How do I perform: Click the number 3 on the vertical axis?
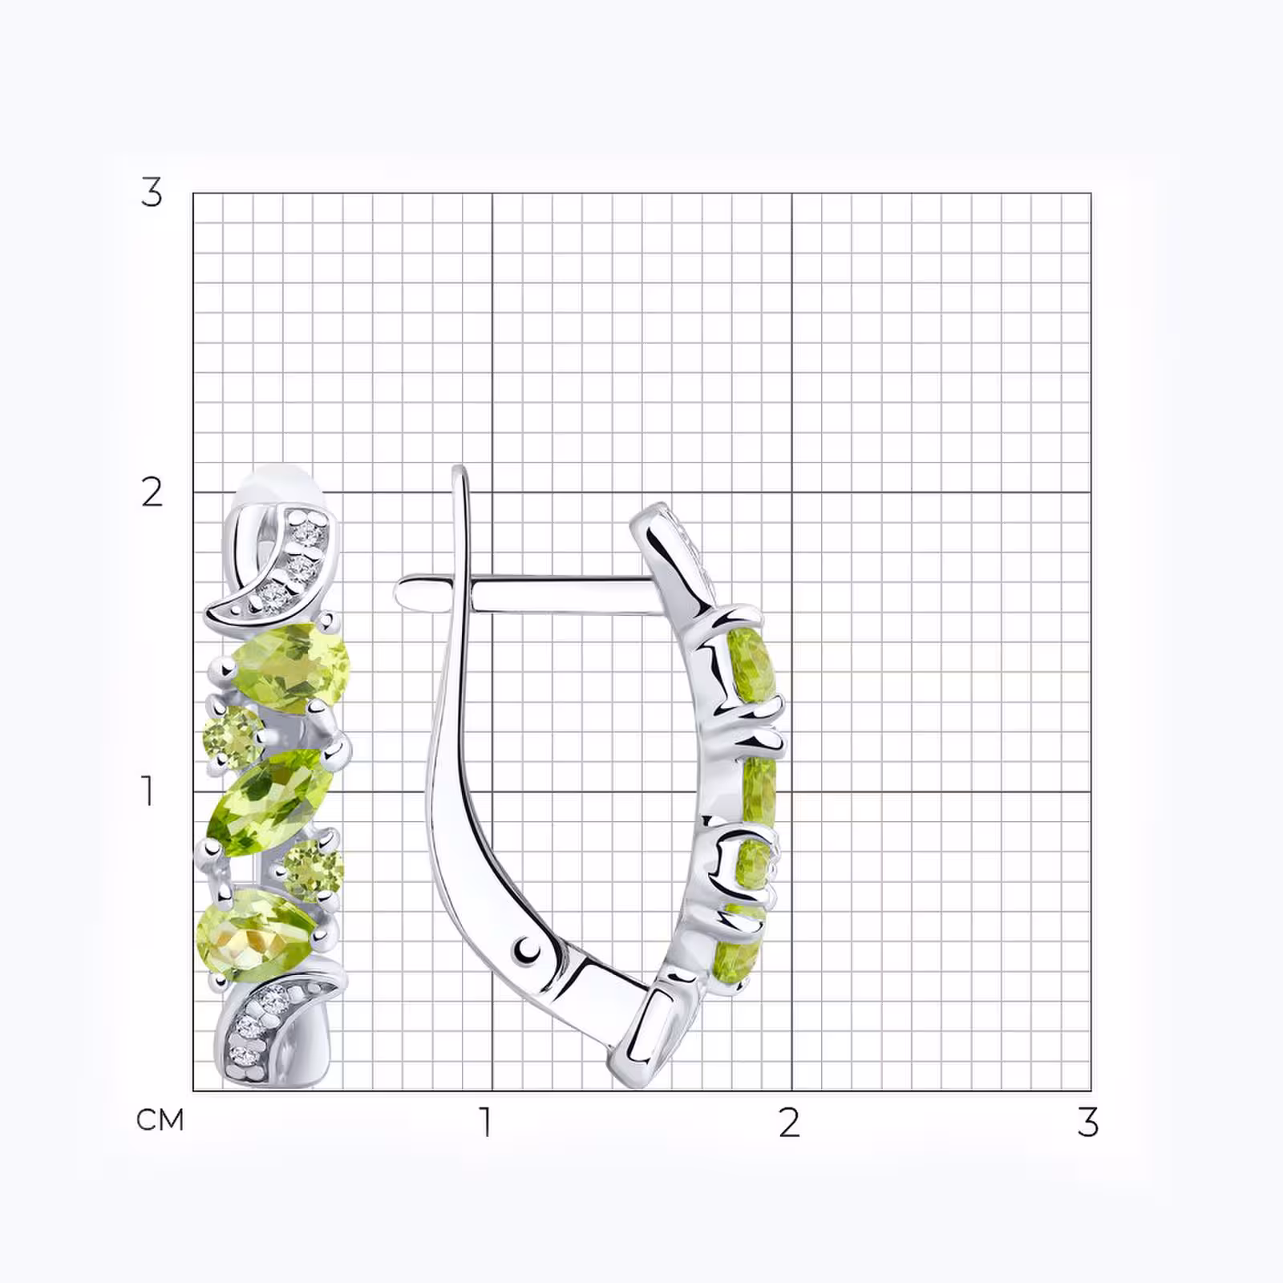pos(152,192)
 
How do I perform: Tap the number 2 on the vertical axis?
pos(152,492)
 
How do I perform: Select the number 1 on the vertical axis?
pos(148,791)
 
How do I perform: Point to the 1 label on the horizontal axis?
pos(484,1122)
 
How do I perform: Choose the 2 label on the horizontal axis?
pos(789,1122)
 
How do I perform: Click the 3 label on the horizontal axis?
pos(1087,1122)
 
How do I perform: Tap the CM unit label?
pos(160,1119)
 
